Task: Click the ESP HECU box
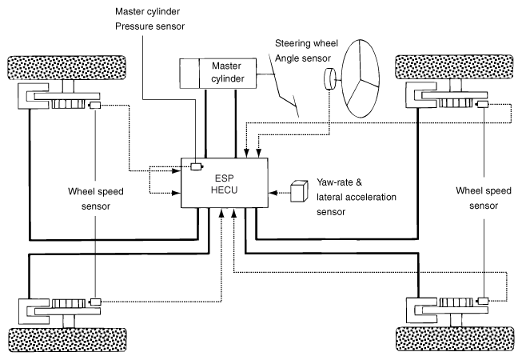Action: pos(225,183)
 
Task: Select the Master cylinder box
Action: pos(218,74)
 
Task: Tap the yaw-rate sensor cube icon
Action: pos(299,191)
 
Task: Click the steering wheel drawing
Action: pos(361,78)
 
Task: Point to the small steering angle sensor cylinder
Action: pos(330,79)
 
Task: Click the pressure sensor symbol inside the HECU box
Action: pos(197,166)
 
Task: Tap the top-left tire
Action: pos(66,68)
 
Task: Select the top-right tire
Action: pos(454,67)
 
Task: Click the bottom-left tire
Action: pos(67,340)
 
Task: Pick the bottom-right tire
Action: pos(455,338)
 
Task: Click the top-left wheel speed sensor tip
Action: pos(94,106)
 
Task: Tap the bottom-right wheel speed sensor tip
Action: pos(482,301)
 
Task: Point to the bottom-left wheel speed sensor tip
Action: pos(95,302)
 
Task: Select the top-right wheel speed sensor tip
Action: pos(482,105)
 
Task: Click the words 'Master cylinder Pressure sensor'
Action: pos(149,18)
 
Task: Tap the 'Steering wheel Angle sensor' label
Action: pos(306,50)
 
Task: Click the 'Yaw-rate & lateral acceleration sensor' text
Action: pos(357,197)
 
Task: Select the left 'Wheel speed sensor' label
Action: pos(96,199)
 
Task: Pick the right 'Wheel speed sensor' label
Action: pos(484,198)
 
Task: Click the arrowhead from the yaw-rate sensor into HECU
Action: pos(273,193)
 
